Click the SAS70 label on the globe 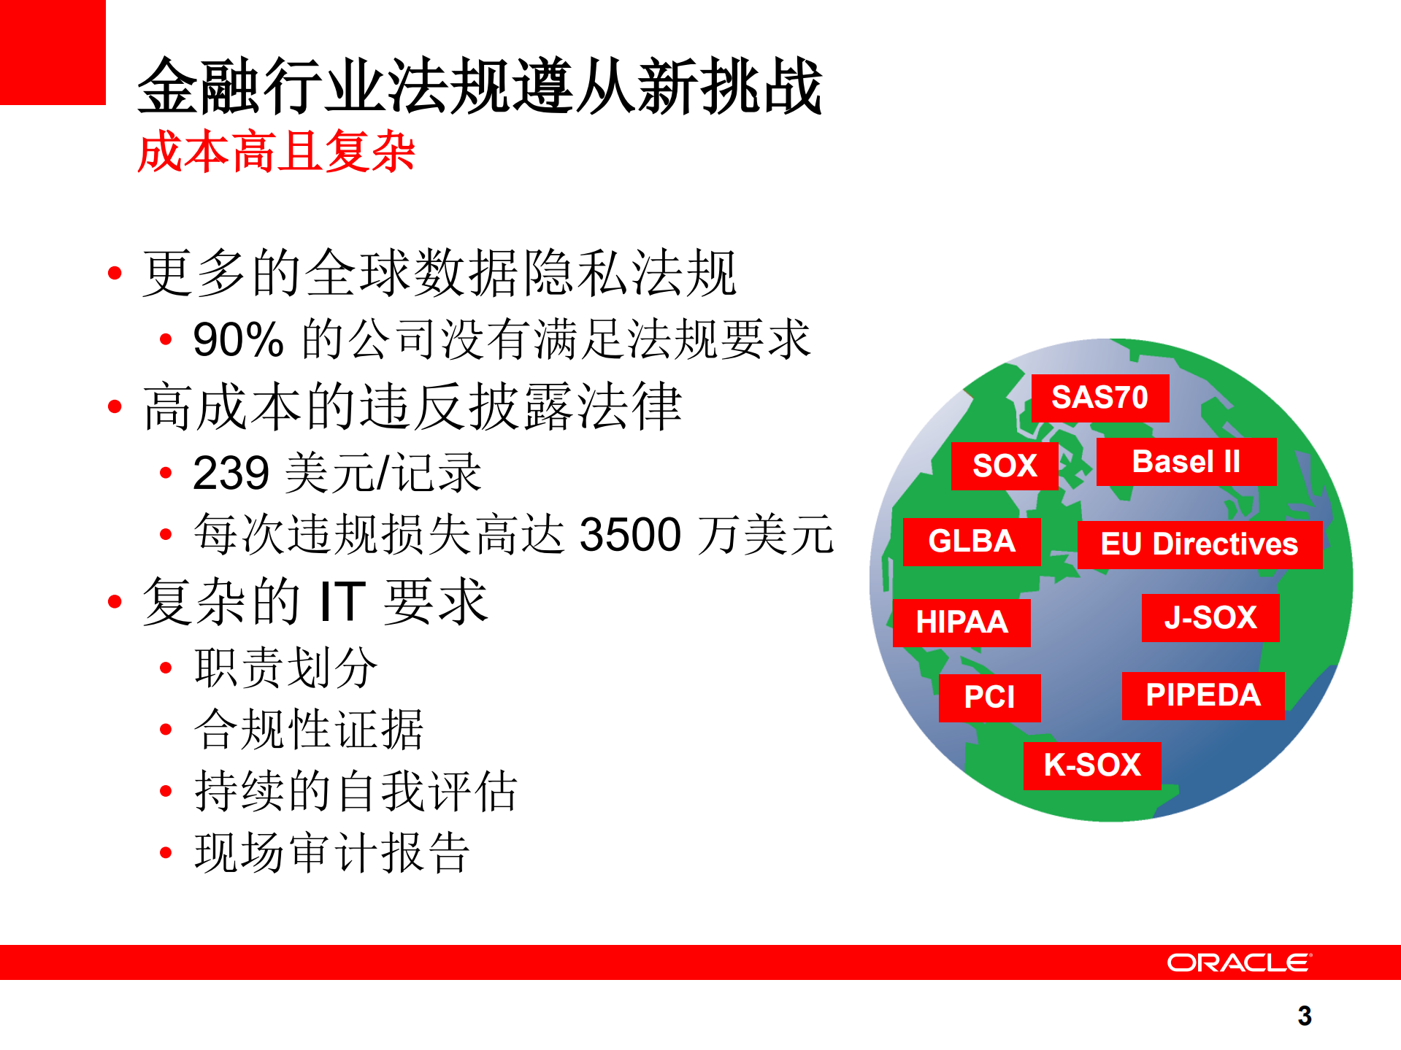tap(1099, 398)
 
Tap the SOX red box tap(1005, 466)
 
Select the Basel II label tap(1186, 462)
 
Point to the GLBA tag tap(972, 542)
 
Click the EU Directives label tap(1200, 544)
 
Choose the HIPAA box tap(961, 622)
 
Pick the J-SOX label tap(1210, 618)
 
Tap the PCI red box tap(989, 698)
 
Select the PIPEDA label tap(1203, 695)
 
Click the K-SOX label tap(1092, 765)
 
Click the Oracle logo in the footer tap(1239, 962)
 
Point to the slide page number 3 tap(1305, 1016)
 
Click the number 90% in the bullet tap(238, 340)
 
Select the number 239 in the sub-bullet tap(231, 474)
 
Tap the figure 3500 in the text tap(630, 535)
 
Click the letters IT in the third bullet tap(342, 602)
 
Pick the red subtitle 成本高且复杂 tap(276, 152)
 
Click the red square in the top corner tap(53, 52)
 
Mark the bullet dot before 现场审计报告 tap(166, 852)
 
